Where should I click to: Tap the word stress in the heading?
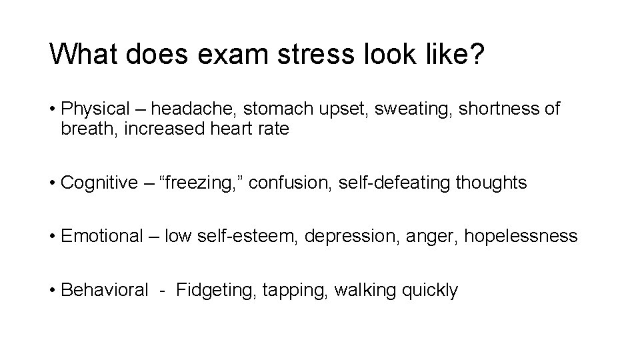point(304,54)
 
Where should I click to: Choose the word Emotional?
point(101,236)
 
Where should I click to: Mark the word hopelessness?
point(521,236)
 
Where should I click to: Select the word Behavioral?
point(104,290)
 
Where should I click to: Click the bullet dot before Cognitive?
point(53,183)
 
